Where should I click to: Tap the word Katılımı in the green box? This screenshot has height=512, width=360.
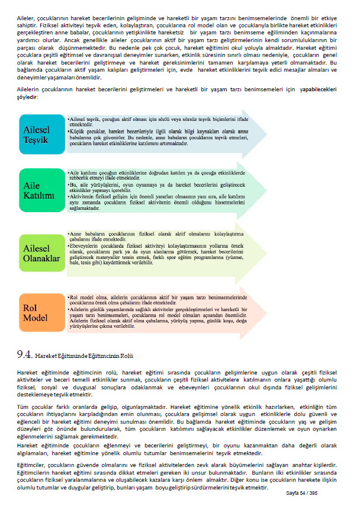pyautogui.click(x=39, y=196)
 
